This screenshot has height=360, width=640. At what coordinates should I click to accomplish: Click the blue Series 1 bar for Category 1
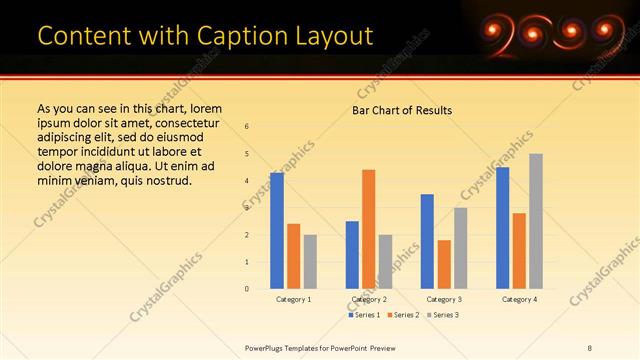277,231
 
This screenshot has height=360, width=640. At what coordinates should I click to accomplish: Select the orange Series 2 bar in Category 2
369,229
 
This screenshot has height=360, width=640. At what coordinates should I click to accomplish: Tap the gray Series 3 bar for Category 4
536,221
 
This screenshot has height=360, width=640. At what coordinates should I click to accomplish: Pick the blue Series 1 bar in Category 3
427,241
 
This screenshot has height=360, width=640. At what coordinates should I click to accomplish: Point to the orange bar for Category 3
444,264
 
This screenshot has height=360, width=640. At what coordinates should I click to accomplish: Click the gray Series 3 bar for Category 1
310,262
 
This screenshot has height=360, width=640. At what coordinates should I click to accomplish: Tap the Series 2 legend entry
403,315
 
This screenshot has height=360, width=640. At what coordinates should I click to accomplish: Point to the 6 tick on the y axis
247,126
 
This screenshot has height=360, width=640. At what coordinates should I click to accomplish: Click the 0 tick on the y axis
247,289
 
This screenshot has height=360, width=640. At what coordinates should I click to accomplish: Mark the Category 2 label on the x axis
369,299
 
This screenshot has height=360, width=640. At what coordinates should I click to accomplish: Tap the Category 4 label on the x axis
519,299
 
